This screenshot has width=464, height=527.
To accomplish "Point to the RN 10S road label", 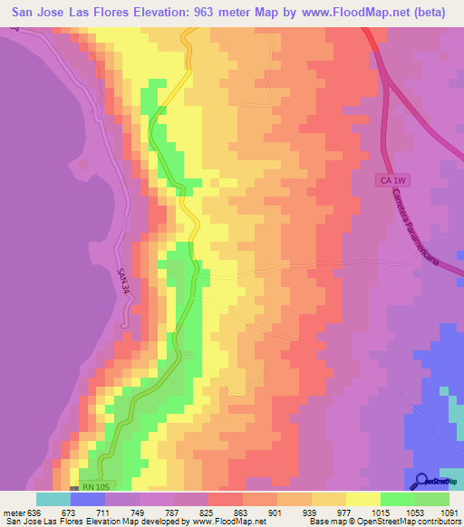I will (93, 486).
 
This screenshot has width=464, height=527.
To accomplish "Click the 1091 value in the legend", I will (449, 511).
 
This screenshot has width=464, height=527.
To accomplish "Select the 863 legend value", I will (242, 511).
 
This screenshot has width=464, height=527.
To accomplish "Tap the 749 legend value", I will (139, 511).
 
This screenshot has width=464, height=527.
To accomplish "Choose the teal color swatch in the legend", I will (53, 499).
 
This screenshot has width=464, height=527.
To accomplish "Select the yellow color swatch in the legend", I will (362, 499).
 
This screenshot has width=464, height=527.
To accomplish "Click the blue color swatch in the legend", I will (87, 499).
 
